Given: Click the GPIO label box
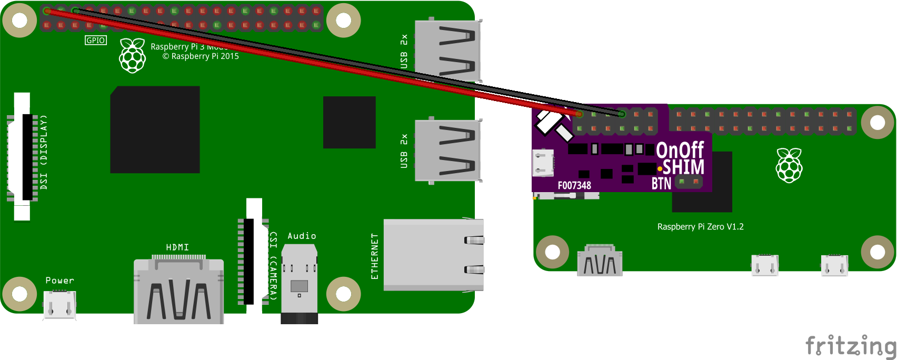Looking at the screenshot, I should point(96,40).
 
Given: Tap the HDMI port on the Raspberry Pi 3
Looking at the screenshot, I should point(178,291).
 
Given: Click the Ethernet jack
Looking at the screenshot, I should point(433,255).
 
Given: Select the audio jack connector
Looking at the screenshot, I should point(299,284).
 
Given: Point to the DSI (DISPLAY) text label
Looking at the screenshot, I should point(44,152).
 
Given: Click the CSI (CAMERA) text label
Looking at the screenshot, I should point(273,266).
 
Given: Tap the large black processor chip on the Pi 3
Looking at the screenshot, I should point(155,130).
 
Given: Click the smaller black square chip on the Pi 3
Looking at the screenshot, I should point(349,122).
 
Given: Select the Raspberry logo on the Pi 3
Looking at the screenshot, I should point(132,55).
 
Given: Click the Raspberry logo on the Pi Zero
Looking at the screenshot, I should point(789,165).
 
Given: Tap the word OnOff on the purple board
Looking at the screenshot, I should point(680,150).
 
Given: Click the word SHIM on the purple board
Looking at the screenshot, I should point(683,167).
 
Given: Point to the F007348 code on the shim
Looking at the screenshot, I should point(574,185).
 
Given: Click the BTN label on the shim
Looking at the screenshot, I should point(661,183).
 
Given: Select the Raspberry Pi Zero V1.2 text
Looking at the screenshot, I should point(700,227).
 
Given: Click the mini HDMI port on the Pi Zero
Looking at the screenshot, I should point(600,261).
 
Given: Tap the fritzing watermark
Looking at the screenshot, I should point(851,346).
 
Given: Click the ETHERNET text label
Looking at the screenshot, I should point(374,256).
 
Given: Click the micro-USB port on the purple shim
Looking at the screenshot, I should point(543,163).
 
